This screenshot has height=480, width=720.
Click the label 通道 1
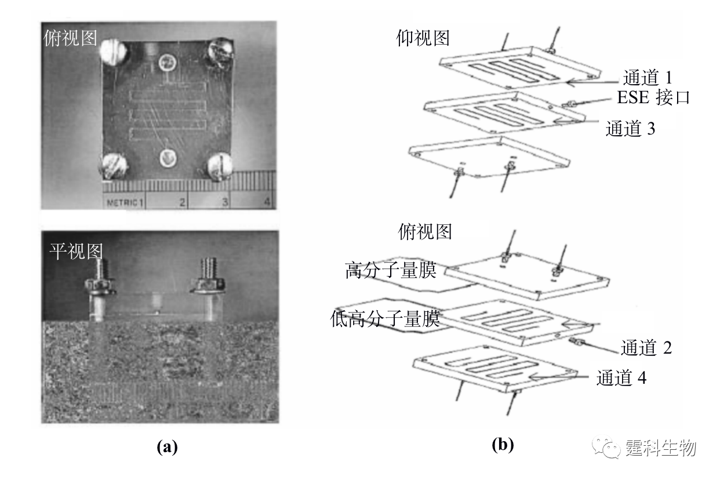tap(648, 78)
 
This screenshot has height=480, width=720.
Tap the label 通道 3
tap(630, 129)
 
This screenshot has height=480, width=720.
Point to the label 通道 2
tap(646, 348)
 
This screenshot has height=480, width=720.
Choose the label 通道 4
tap(621, 377)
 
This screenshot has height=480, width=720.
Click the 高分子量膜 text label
tap(391, 270)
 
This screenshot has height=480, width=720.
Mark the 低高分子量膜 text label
tap(385, 318)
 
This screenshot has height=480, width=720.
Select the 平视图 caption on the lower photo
tap(76, 251)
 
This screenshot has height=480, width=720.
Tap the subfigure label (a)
tap(167, 447)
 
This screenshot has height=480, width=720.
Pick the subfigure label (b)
tap(503, 445)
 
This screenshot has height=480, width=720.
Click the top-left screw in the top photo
tap(114, 52)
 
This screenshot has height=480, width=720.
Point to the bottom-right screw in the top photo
tap(220, 166)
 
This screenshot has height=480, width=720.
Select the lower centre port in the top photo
tap(168, 158)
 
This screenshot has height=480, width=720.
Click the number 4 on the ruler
tap(267, 202)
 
